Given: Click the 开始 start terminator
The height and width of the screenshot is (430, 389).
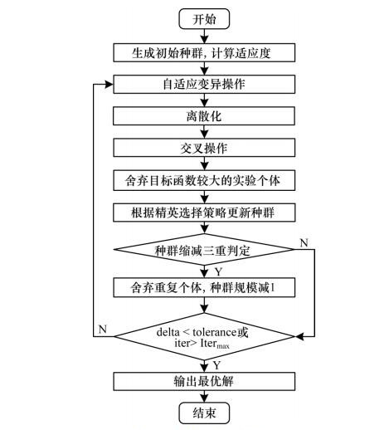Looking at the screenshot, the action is [204, 19].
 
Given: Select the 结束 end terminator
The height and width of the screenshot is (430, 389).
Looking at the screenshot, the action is [204, 413].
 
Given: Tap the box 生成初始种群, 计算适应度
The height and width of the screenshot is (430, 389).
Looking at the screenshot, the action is [204, 52].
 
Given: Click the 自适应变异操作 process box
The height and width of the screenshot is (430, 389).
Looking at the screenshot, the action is [204, 84].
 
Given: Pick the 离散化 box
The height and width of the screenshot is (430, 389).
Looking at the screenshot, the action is [204, 116].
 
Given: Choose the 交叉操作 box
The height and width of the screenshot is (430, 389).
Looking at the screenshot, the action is [204, 148].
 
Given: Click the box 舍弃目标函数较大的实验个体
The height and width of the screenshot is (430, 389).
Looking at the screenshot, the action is [204, 180].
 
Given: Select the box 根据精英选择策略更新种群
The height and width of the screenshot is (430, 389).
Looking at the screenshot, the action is [204, 213].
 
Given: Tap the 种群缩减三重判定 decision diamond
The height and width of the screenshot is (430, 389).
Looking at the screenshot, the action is [204, 250].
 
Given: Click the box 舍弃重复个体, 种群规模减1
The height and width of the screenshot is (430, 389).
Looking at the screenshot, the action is [204, 288].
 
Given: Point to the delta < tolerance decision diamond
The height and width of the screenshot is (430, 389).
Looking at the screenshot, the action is [204, 336].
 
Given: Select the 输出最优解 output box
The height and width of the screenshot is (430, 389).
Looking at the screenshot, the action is [204, 381].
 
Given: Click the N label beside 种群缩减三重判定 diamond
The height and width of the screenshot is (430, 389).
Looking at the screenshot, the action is [304, 243].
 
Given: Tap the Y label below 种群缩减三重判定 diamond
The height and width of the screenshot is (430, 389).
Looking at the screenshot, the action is [218, 271].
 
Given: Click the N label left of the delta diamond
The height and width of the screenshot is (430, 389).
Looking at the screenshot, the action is [103, 330].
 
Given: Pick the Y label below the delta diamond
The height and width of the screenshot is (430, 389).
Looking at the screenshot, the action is [216, 365].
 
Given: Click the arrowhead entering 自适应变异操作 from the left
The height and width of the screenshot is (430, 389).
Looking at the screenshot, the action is [109, 85].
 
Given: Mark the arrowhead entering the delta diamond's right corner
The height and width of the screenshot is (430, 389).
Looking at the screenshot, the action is [299, 336].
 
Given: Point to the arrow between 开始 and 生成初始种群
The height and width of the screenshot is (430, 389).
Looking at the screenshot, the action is [204, 36].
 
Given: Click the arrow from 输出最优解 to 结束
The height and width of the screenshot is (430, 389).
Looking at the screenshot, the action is [204, 397].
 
